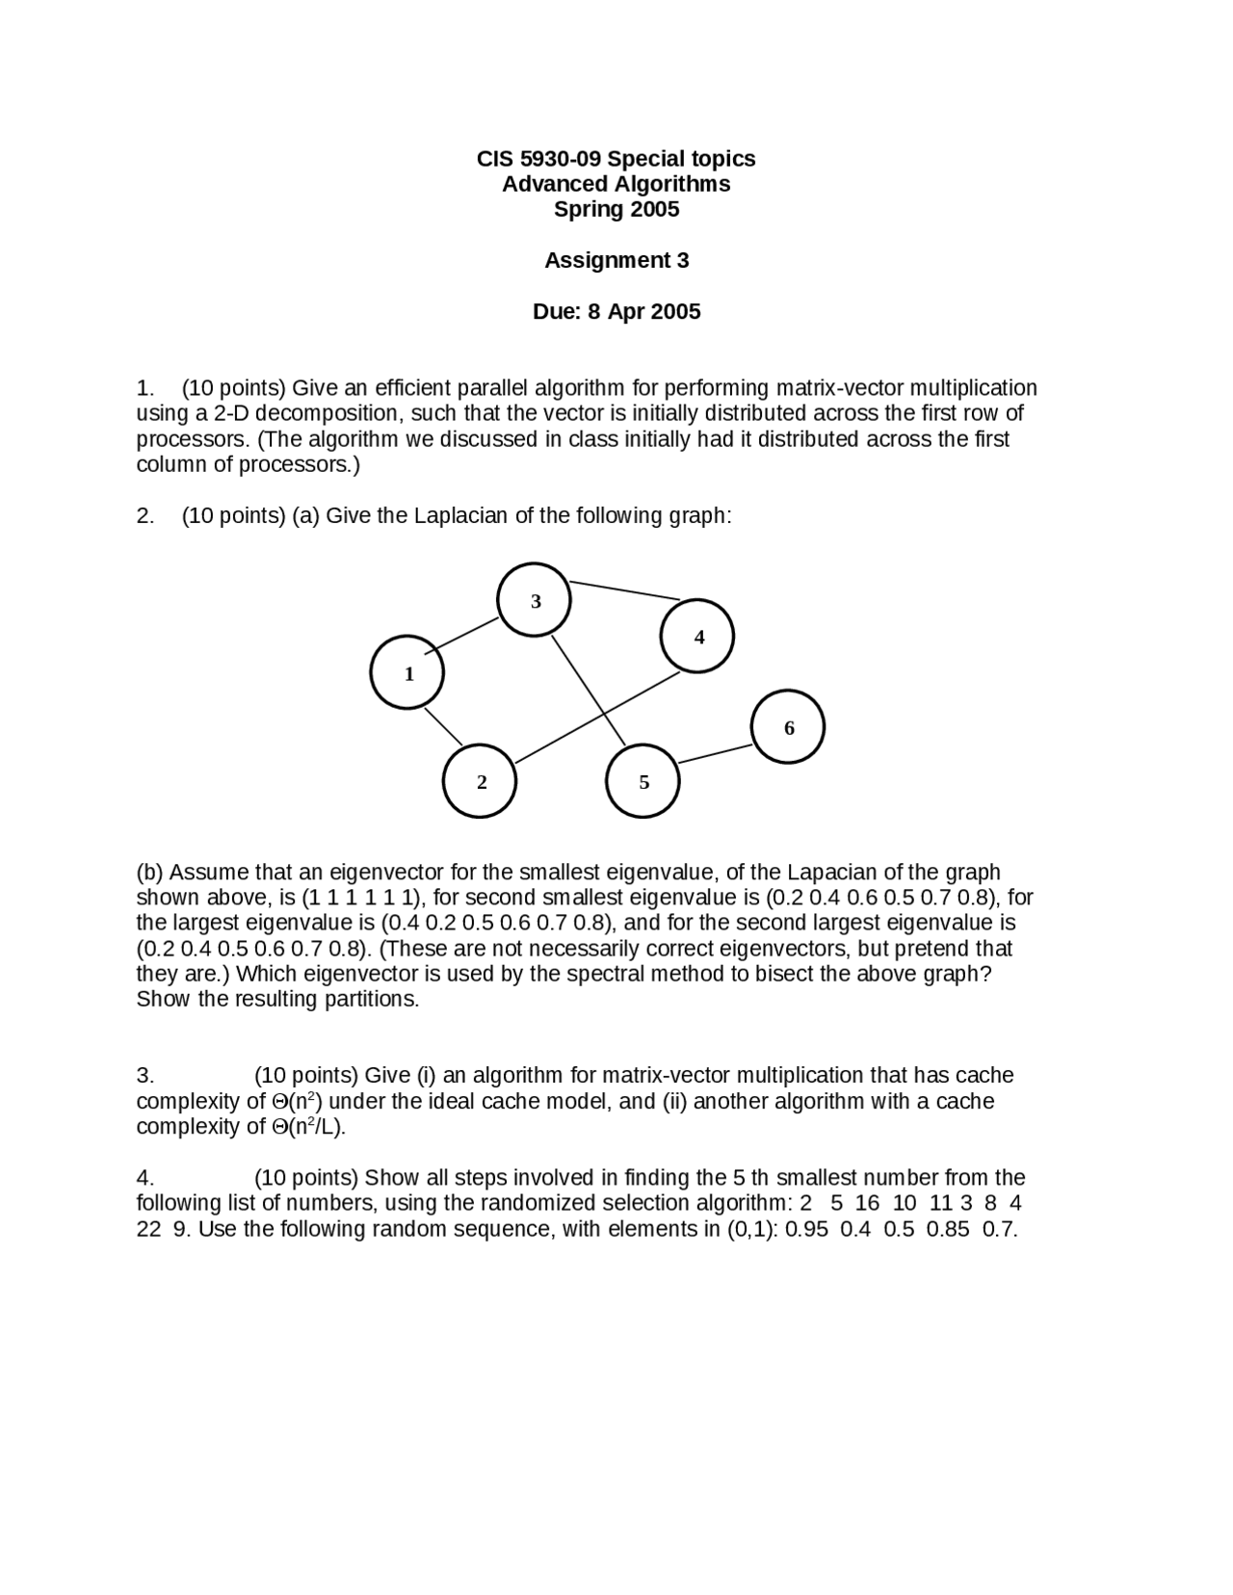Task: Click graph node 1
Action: [x=407, y=672]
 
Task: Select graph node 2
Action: [x=480, y=781]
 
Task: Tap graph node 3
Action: [x=535, y=600]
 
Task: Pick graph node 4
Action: [x=697, y=636]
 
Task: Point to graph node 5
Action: [x=643, y=781]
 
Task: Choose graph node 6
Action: [x=788, y=727]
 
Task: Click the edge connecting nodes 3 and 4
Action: [x=625, y=589]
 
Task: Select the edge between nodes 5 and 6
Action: [x=715, y=754]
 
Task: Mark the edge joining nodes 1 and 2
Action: [x=444, y=727]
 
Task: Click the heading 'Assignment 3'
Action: [x=616, y=260]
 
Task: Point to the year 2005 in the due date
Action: [x=675, y=311]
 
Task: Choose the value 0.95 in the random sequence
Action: [x=806, y=1229]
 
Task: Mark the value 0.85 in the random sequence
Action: [x=948, y=1229]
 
